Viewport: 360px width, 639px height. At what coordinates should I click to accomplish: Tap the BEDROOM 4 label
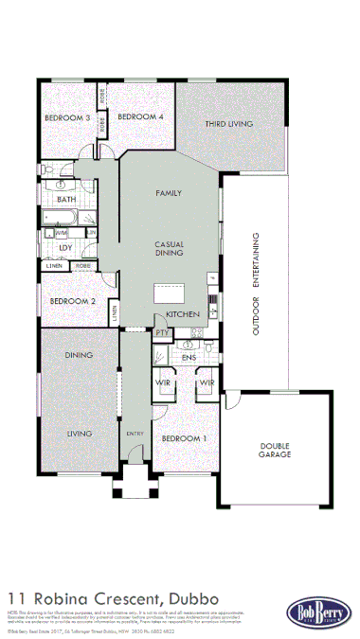point(140,116)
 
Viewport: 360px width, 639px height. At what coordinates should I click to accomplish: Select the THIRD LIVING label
point(228,123)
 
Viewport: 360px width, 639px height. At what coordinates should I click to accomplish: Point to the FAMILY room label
point(169,193)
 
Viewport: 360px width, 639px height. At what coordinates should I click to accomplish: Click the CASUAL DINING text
point(169,248)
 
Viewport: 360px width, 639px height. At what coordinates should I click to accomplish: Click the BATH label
point(66,200)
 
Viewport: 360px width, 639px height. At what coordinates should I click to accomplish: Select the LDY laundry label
point(65,248)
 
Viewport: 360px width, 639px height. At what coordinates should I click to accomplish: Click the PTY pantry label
point(161,333)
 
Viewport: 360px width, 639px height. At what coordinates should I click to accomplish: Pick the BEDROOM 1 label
point(184,439)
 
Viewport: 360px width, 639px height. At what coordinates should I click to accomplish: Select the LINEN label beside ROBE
point(54,266)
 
